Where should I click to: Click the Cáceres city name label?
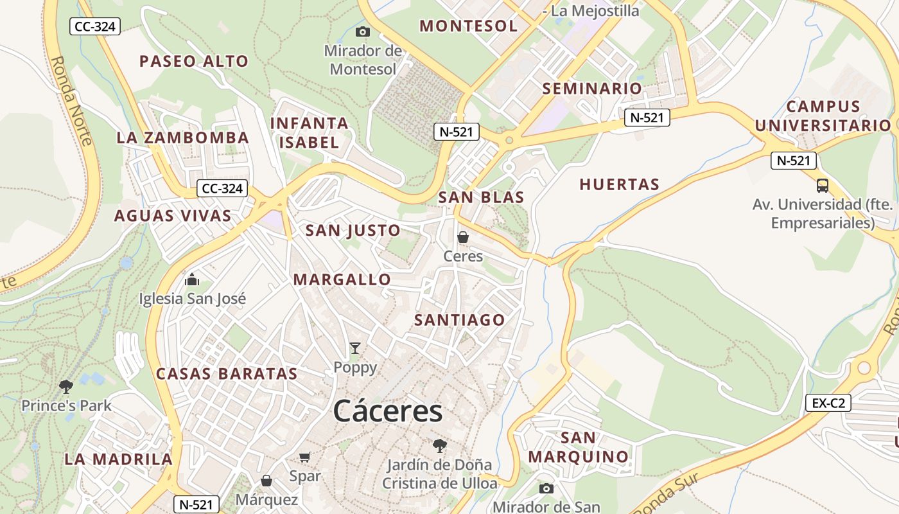click(x=388, y=411)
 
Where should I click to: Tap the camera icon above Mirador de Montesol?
click(x=363, y=31)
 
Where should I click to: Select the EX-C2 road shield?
click(x=828, y=403)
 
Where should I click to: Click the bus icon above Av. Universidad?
click(x=823, y=186)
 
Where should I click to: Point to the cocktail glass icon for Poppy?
click(x=355, y=348)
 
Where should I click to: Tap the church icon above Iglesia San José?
click(x=192, y=279)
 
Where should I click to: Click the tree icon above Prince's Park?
click(x=65, y=386)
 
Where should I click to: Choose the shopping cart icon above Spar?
click(x=305, y=457)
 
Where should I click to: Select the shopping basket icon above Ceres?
click(x=462, y=237)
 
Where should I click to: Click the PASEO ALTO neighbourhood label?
click(x=194, y=62)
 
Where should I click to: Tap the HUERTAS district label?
click(x=619, y=185)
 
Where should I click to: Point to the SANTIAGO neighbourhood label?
click(x=460, y=320)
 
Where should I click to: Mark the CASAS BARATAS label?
click(x=227, y=374)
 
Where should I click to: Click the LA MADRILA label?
click(x=118, y=459)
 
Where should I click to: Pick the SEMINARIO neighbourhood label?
click(x=592, y=89)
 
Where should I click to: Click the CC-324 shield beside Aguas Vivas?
click(x=222, y=188)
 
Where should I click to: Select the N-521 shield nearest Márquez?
click(x=196, y=504)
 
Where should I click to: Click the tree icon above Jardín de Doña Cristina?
click(x=439, y=445)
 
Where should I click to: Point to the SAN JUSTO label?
click(x=353, y=231)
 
